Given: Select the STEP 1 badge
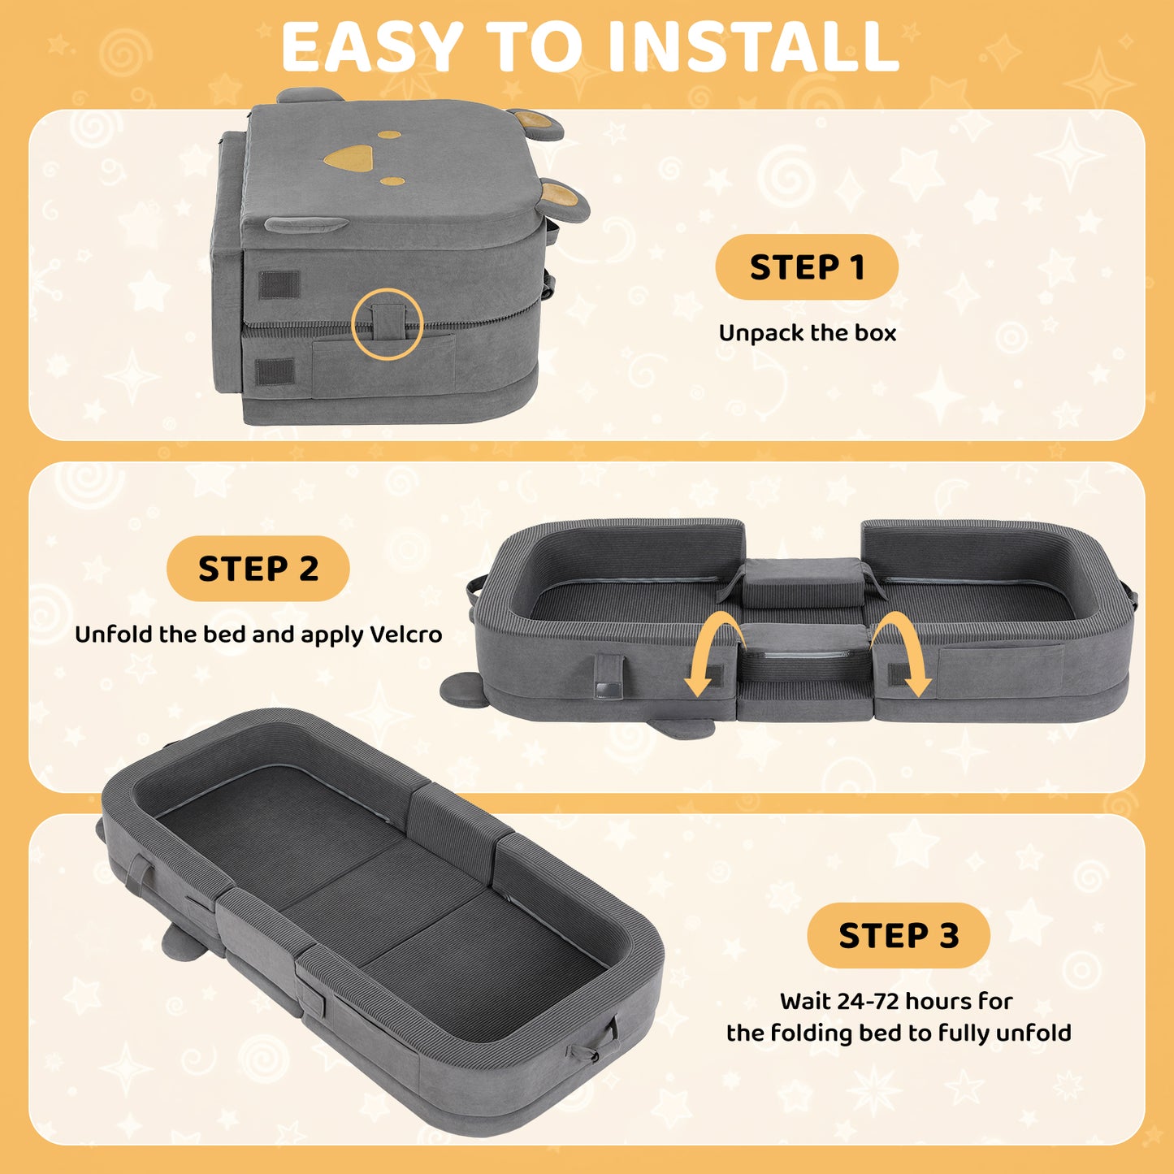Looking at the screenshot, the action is (x=807, y=266).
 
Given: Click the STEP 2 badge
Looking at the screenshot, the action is (x=258, y=569).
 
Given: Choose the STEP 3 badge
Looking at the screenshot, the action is (x=899, y=935).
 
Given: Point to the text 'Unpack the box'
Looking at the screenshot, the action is (x=808, y=333).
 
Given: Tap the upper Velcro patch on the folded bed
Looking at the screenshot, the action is (x=279, y=284).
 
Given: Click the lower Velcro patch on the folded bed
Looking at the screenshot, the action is (x=274, y=371).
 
